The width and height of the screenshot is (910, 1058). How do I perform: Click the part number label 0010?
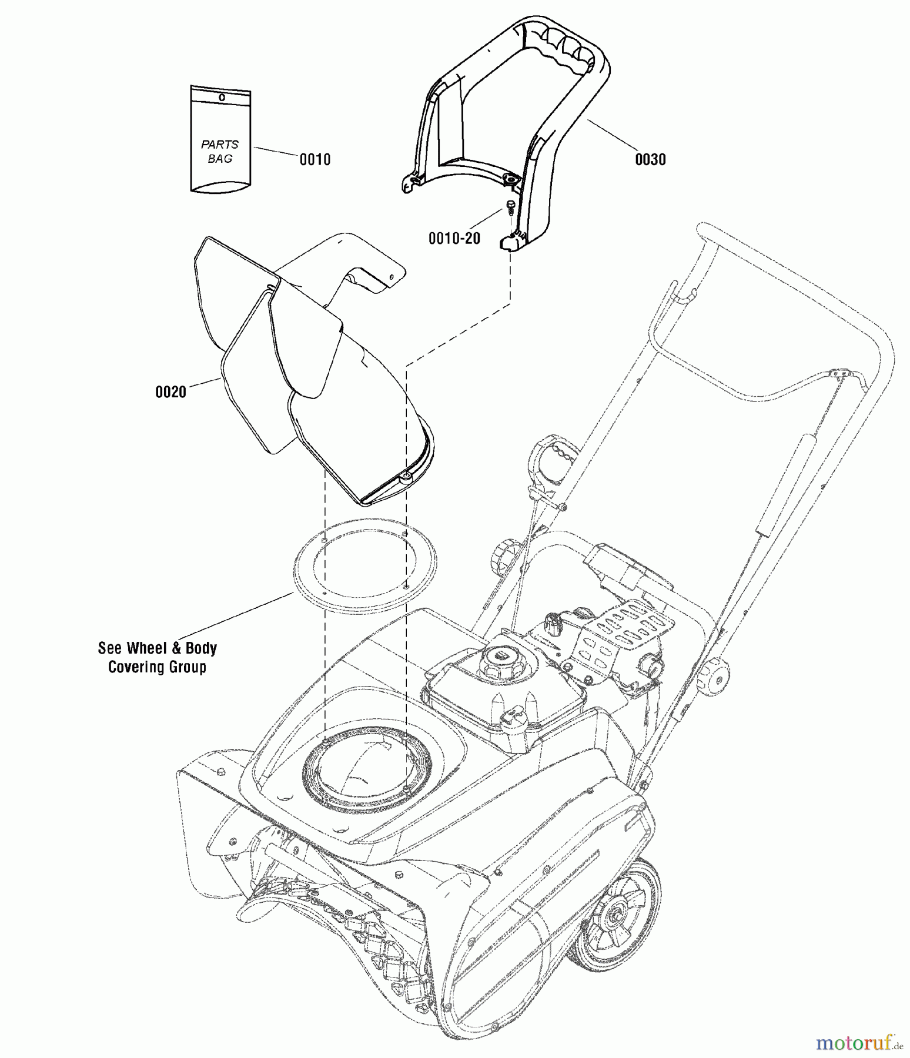point(315,159)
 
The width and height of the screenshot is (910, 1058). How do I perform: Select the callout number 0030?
point(650,159)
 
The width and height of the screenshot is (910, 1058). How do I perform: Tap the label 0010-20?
point(454,238)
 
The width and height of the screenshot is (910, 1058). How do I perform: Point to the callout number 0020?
point(170,392)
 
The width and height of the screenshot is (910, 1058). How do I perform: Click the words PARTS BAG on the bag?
point(220,151)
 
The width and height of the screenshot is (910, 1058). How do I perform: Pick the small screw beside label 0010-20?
point(510,207)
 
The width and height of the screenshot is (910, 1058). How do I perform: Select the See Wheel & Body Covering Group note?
point(157,657)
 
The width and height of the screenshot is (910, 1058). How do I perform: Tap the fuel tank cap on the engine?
point(500,655)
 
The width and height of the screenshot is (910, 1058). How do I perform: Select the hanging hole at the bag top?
point(222,98)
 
